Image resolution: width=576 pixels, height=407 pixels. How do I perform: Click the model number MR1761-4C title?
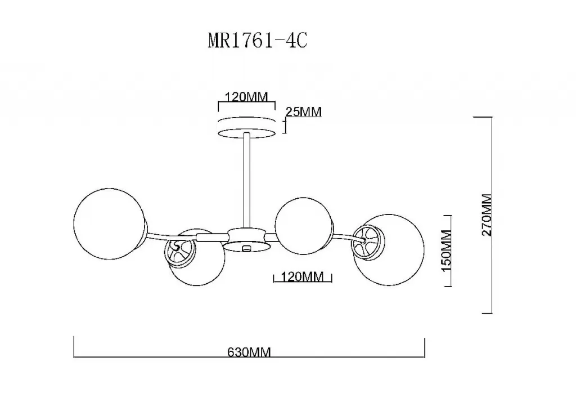click(258, 41)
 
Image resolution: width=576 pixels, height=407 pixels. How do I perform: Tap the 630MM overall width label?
click(249, 352)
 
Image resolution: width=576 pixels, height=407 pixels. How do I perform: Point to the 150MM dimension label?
click(446, 251)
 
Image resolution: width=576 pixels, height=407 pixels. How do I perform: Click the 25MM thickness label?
click(303, 112)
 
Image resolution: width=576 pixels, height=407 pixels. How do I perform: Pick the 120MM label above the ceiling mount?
click(246, 97)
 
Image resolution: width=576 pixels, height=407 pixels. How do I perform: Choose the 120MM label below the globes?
click(303, 276)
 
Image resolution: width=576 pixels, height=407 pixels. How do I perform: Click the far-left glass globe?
click(110, 224)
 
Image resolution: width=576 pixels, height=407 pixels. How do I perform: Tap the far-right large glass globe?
click(389, 250)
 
